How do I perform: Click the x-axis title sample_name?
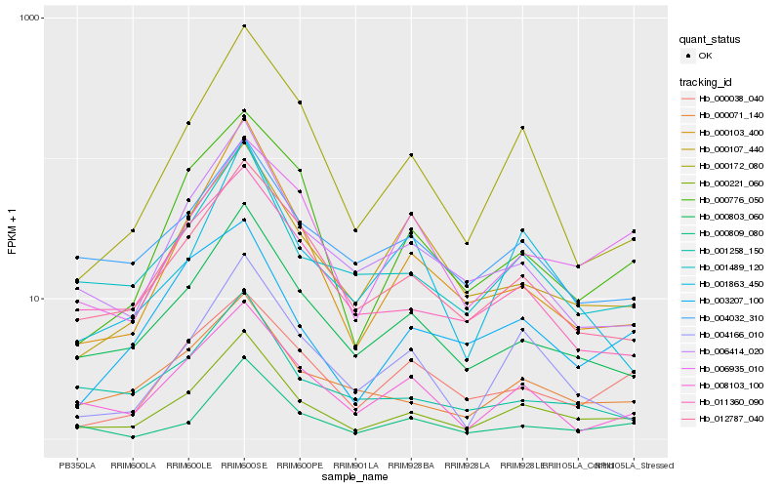(354, 478)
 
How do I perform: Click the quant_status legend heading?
(712, 40)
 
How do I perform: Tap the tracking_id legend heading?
(707, 81)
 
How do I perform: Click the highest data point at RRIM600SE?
(244, 26)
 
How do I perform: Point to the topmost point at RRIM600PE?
(300, 102)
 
